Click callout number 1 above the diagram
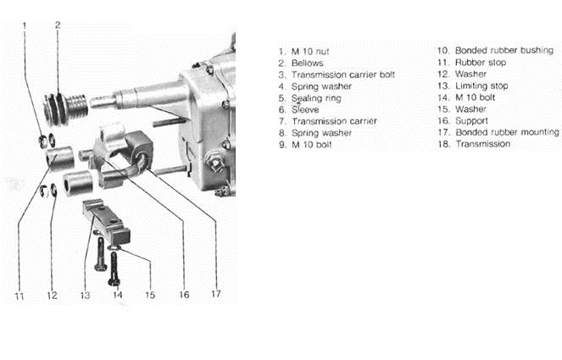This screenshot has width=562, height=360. pos(25,25)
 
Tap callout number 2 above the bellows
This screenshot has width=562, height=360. pos(58,25)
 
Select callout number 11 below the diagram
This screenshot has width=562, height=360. pos(19,296)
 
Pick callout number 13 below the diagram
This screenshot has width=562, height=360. pos(85,296)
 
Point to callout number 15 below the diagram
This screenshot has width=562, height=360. pos(150,295)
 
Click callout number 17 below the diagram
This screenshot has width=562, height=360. pos(216,294)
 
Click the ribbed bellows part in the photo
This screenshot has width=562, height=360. pos(65,108)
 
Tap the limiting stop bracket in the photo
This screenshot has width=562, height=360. pos(107,221)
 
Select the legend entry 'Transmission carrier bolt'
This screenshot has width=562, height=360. pos(343,75)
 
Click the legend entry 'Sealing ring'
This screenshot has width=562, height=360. pos(316,98)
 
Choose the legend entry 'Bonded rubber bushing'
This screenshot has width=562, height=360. pos(504,51)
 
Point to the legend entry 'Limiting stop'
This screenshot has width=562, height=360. pos(481,86)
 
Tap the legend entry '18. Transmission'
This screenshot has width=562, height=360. pos(474,144)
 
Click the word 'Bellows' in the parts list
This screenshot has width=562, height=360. pos(307,64)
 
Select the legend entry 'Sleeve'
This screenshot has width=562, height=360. pos(305,110)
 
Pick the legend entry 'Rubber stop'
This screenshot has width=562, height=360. pos(481,63)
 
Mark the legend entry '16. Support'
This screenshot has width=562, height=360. pos(463,121)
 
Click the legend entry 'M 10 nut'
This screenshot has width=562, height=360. pos(310,52)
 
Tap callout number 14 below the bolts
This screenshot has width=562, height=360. pos(118,295)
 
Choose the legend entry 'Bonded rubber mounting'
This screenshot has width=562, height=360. pos(507,132)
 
